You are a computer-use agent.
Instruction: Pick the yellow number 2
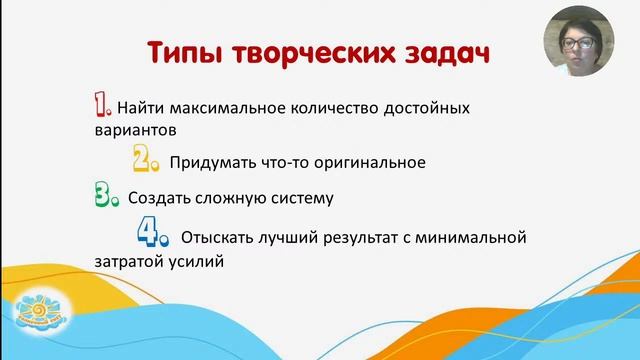(147, 159)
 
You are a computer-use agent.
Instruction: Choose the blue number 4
(152, 235)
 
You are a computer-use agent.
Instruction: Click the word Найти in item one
(140, 107)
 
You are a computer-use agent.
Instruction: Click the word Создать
(159, 198)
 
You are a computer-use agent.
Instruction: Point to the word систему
(299, 198)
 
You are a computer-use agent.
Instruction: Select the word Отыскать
(216, 238)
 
